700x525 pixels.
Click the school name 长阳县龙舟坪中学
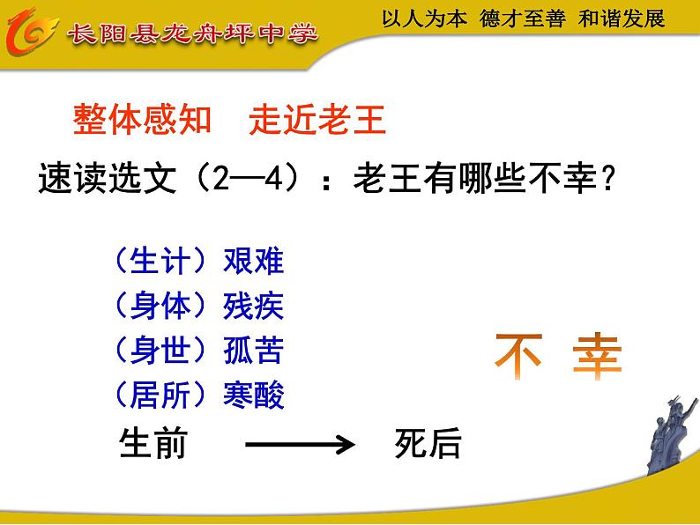coord(193,34)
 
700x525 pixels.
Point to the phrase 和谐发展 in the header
coord(622,19)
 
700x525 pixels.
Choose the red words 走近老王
coord(317,119)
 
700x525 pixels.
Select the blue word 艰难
coord(254,262)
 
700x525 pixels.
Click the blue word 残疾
coord(254,307)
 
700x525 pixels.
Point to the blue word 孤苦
coord(254,351)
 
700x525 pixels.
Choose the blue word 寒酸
coord(254,396)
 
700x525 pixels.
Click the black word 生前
coord(153,444)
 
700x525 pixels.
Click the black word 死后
coord(428,444)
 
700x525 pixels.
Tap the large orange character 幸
coord(597,356)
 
